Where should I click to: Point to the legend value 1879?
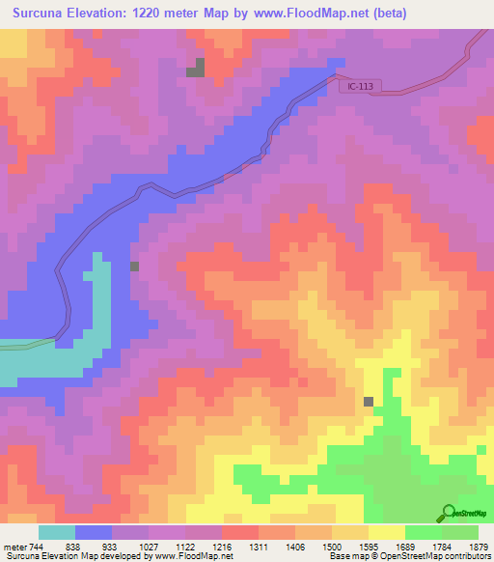(x=478, y=547)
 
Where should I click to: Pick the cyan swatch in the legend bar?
(x=57, y=532)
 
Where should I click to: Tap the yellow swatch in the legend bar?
(x=386, y=532)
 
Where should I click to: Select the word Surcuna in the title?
(x=40, y=14)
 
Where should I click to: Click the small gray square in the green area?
(x=369, y=401)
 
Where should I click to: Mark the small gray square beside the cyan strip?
(x=135, y=266)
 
